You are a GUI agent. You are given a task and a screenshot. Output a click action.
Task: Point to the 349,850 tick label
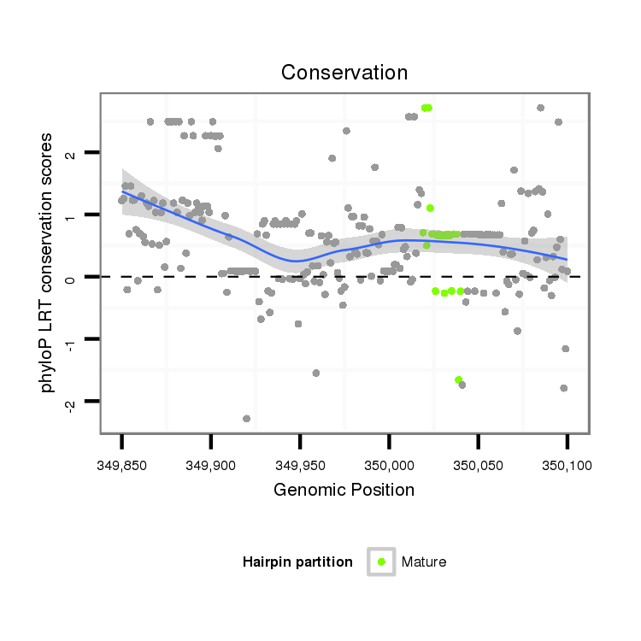coord(121,465)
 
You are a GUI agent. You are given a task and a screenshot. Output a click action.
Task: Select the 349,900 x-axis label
coord(210,465)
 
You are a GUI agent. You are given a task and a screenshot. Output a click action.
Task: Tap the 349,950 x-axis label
coord(300,465)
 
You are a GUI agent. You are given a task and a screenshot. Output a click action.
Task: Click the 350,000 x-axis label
coord(389,465)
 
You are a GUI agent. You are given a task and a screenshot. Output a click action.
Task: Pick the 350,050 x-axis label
coord(478,465)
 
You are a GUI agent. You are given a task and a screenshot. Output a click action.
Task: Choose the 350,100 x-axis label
coord(567,465)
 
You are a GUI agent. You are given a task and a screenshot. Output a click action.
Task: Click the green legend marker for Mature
coord(381,562)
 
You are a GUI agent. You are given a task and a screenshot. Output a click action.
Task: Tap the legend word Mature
coord(424,562)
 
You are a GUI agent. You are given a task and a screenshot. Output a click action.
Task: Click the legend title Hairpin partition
coord(297,562)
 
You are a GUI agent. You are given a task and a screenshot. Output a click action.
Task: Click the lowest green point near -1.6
coord(459,379)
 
